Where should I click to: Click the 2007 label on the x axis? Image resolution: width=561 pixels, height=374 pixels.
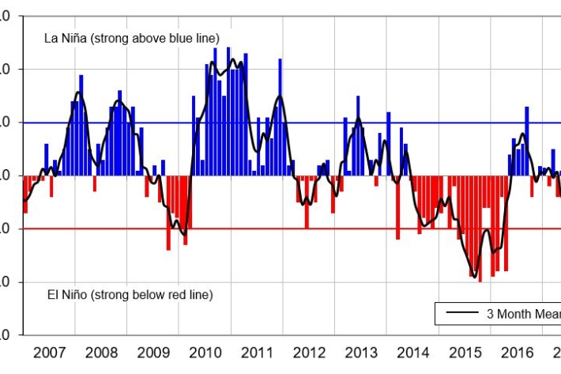click(49, 352)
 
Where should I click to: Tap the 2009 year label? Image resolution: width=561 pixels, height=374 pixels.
click(153, 352)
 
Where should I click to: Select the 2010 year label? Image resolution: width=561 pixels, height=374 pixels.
click(205, 352)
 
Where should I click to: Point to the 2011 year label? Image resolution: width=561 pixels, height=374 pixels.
click(258, 352)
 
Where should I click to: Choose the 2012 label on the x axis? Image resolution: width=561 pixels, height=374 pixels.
click(310, 352)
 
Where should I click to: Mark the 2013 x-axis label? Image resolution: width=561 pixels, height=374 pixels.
click(362, 352)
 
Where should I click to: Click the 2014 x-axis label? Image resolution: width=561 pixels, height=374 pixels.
click(414, 352)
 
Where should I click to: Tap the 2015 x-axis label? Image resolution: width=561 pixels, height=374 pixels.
click(466, 352)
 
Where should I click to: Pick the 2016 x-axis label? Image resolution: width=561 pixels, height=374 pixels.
click(518, 352)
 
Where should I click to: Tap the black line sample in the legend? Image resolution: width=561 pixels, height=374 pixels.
click(461, 313)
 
